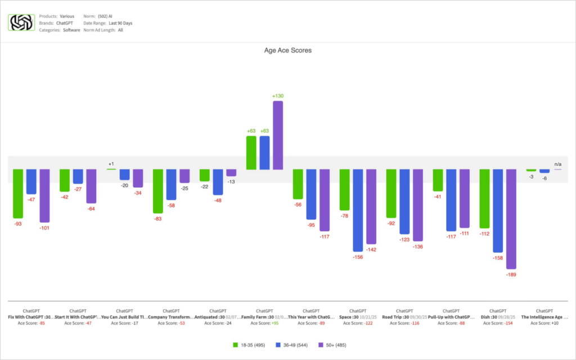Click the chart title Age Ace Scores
[287, 50]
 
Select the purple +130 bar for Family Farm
[277, 135]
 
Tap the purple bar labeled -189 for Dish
[511, 219]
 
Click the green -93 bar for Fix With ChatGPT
[18, 193]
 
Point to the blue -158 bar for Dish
[498, 210]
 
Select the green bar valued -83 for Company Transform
[158, 191]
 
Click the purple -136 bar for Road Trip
[417, 205]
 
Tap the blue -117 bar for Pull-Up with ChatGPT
[451, 200]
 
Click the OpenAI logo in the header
[21, 22]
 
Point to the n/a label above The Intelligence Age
[557, 163]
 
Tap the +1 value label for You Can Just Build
[111, 164]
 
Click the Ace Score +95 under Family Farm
[264, 323]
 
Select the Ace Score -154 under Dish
[498, 323]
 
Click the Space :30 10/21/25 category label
[358, 317]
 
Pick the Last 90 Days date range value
[120, 23]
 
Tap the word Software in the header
[71, 30]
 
